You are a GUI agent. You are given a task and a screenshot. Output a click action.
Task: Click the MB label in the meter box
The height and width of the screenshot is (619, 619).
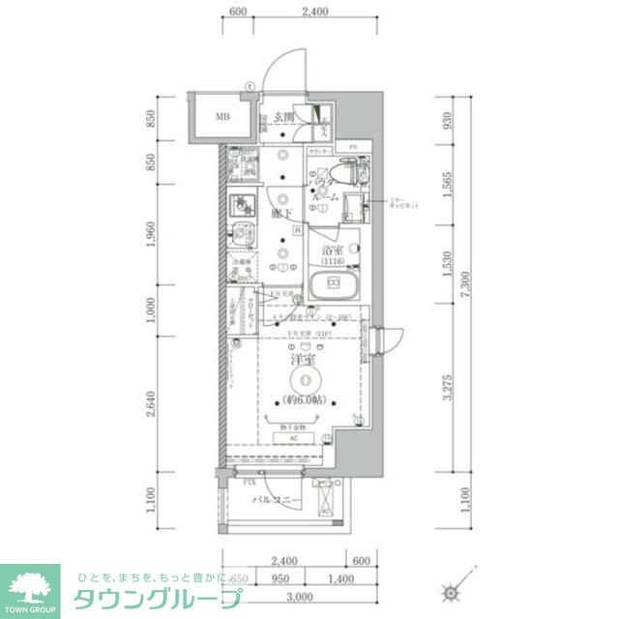click(222, 118)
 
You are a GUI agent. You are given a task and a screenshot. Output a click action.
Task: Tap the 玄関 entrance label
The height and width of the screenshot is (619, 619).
click(282, 118)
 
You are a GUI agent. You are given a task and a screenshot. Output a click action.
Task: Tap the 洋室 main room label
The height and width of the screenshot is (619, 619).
click(303, 361)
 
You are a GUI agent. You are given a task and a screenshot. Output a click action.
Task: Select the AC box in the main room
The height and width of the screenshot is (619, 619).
click(294, 436)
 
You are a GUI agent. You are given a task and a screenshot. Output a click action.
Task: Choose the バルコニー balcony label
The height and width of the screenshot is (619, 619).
click(276, 500)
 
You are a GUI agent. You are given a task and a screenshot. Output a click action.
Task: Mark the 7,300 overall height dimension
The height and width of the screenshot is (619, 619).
click(467, 286)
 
